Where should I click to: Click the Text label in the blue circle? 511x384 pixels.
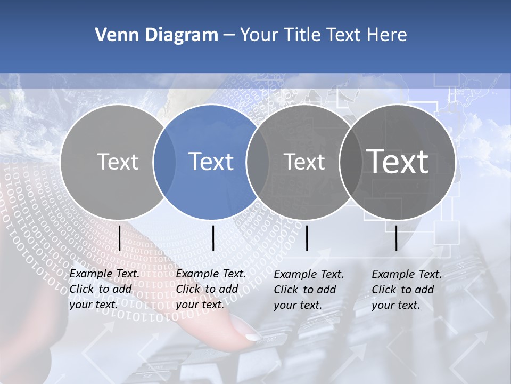tap(211, 162)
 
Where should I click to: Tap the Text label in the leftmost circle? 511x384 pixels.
tap(118, 162)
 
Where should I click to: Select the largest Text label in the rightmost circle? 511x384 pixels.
tap(398, 161)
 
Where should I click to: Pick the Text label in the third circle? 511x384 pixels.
tap(304, 162)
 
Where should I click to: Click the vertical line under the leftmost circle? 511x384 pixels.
tap(119, 238)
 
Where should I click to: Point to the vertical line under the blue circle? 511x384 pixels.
tap(213, 238)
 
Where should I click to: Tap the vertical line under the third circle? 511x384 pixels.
tap(307, 238)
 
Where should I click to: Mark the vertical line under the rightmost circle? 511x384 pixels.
tap(396, 238)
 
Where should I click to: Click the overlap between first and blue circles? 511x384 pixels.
tap(164, 162)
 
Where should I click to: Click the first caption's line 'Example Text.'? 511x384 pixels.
tap(104, 274)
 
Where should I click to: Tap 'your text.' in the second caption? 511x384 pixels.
tap(200, 305)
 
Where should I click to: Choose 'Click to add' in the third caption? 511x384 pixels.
tap(305, 290)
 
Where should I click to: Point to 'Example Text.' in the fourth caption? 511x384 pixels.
tap(407, 274)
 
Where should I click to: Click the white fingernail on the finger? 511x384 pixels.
tap(253, 337)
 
